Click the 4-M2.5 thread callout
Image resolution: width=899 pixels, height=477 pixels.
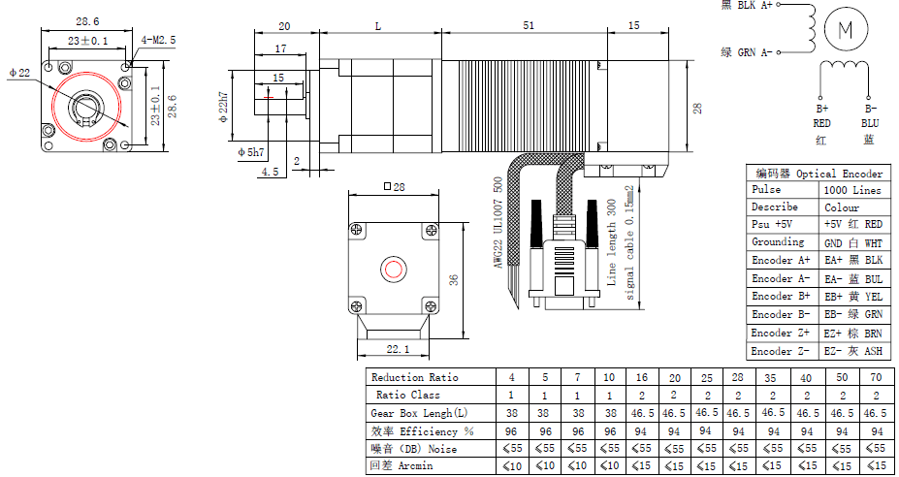pyautogui.click(x=158, y=40)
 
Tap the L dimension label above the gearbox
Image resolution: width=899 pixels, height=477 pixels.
pyautogui.click(x=378, y=26)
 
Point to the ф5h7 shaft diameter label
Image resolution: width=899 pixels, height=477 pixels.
pyautogui.click(x=251, y=152)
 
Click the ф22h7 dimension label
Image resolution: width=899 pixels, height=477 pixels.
pyautogui.click(x=223, y=107)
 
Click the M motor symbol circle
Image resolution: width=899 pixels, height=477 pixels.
pyautogui.click(x=846, y=30)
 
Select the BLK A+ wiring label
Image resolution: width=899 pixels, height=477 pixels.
pyautogui.click(x=747, y=5)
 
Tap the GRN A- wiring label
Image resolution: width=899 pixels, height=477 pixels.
pyautogui.click(x=747, y=52)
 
